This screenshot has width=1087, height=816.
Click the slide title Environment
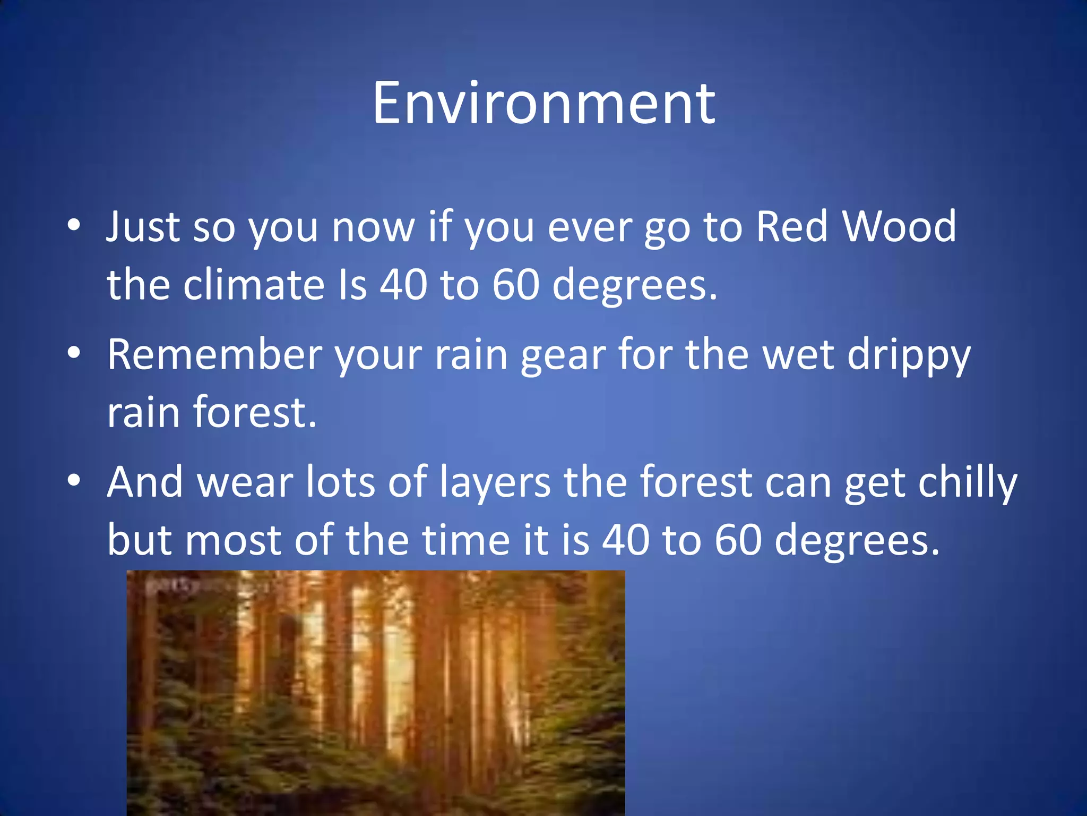coord(543,104)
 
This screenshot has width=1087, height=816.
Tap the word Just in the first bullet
coord(143,227)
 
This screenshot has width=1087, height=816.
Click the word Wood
coord(899,227)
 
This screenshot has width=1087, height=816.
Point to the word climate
coord(254,285)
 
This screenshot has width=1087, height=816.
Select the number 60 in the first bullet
coord(515,285)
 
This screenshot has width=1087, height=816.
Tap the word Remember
coord(214,355)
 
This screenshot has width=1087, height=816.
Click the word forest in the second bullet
coord(255,412)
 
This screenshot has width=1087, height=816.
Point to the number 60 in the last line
coord(738,540)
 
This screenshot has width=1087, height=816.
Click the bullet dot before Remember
coord(74,353)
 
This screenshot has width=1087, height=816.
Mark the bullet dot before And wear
coord(74,480)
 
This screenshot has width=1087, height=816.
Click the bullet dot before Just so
coord(74,225)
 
